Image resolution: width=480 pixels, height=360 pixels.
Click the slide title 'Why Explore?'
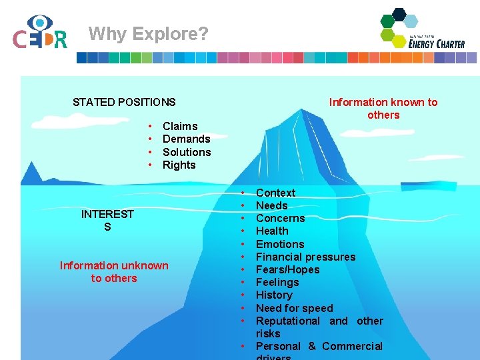148,33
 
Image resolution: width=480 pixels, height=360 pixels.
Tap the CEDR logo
40,33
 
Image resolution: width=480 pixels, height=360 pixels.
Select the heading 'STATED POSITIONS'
124,102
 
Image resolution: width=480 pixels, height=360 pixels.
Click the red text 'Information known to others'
383,109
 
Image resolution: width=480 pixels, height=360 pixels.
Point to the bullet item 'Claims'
180,126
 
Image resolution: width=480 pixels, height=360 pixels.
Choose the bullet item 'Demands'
186,139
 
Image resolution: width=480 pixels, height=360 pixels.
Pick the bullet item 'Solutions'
187,152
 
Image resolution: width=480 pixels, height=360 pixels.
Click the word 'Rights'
179,165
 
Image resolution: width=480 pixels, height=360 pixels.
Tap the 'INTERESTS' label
107,220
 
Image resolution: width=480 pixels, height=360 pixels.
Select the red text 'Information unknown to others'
114,272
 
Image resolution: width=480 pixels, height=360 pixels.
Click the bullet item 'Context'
275,193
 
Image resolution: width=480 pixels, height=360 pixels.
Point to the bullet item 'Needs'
272,205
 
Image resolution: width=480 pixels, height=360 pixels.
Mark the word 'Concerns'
280,218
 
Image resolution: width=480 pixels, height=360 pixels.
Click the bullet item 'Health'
272,231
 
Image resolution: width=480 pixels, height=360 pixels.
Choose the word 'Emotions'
280,244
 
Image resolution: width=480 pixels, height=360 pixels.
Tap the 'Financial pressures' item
305,257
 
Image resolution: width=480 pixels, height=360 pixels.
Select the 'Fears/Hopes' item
287,269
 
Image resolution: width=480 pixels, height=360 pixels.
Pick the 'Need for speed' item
294,308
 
